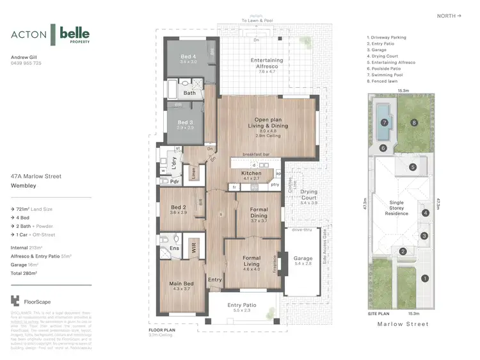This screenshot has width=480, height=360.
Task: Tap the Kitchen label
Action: pos(251,174)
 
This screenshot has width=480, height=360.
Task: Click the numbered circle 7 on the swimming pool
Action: pos(385,122)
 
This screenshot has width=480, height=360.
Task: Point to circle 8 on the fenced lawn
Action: pos(414,122)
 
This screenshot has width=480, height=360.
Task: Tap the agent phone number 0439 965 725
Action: pos(26,63)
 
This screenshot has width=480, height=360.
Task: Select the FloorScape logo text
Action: pos(38,300)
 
